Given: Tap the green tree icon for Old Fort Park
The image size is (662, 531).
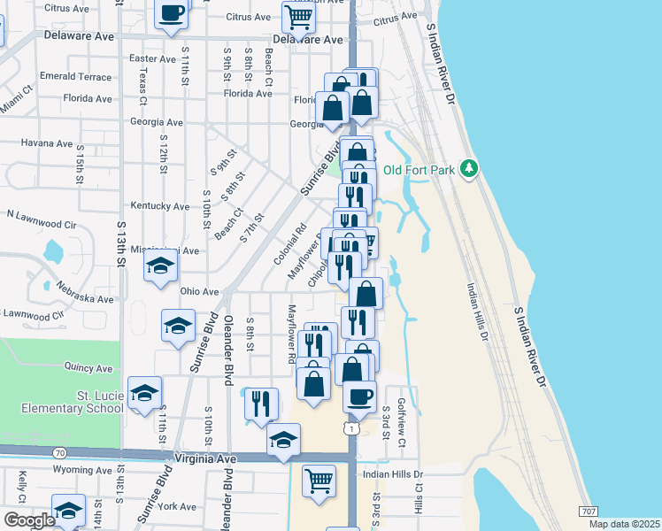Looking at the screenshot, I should [x=471, y=168].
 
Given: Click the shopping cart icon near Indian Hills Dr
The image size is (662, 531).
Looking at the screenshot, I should [x=319, y=481].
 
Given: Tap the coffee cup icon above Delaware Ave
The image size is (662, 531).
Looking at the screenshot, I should [x=172, y=13].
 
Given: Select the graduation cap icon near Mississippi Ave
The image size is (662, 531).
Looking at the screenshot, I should [x=160, y=266].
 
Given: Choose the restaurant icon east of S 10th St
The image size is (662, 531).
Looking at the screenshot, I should [x=259, y=403].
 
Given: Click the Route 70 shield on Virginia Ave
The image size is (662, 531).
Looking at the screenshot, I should [x=59, y=453].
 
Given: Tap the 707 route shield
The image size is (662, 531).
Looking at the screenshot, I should [x=588, y=512].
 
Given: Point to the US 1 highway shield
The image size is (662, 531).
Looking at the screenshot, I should [x=352, y=428].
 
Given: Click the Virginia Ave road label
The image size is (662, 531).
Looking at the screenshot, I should [x=209, y=459].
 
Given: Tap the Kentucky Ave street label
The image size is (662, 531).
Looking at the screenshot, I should [x=159, y=206].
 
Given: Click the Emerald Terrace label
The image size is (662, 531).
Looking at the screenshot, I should [x=76, y=77].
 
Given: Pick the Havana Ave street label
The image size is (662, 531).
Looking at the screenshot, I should [x=46, y=142].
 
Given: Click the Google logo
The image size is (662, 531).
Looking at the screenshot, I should [x=29, y=520].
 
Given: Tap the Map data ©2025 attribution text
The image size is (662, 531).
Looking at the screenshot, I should [x=624, y=524].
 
